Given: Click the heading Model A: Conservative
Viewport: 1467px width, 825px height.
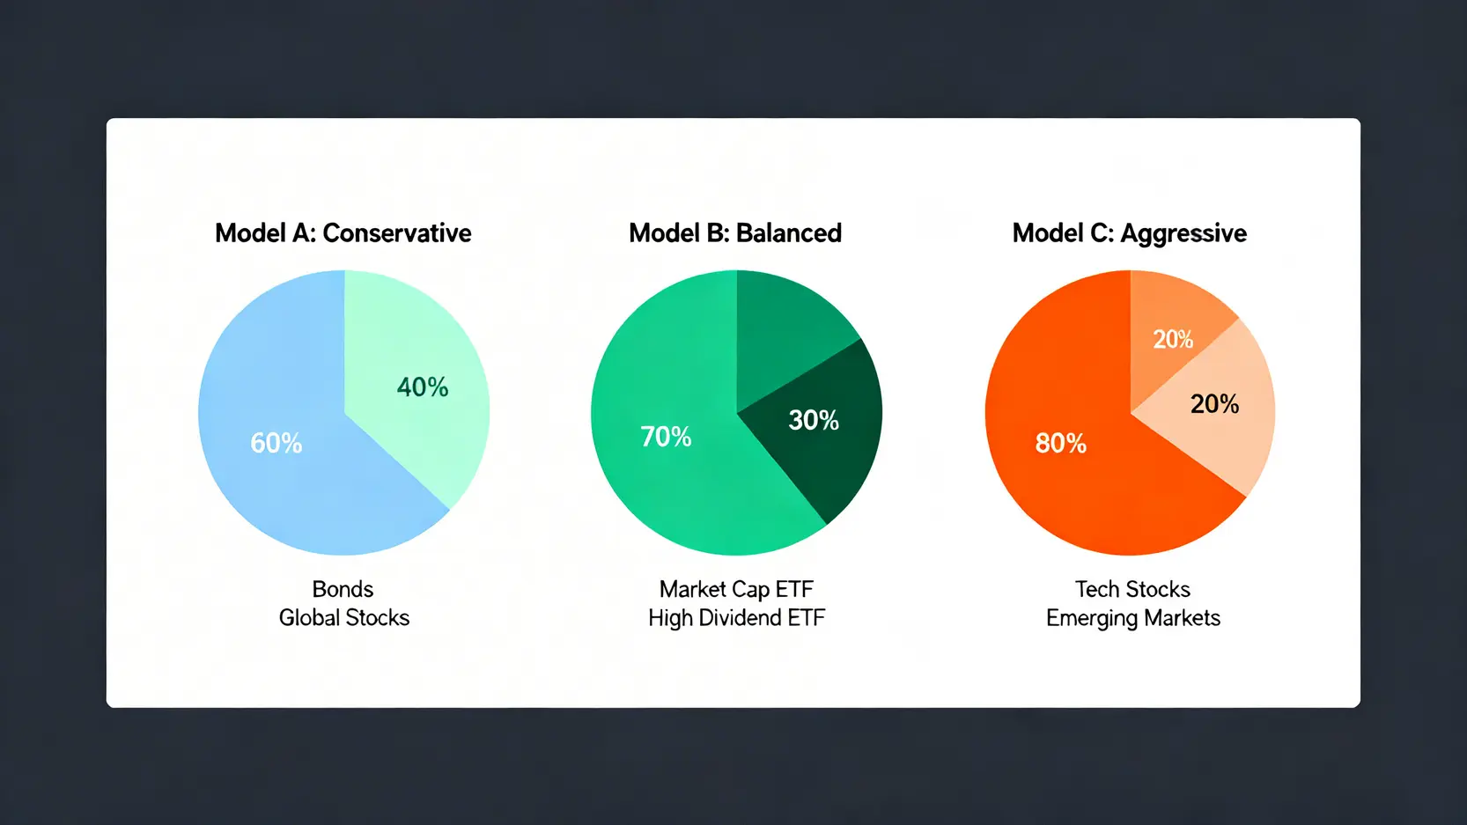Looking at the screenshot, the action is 343,233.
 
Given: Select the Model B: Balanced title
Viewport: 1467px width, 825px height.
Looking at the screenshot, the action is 734,233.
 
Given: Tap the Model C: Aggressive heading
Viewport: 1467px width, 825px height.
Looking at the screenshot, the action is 1129,233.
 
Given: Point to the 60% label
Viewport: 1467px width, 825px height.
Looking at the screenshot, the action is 276,443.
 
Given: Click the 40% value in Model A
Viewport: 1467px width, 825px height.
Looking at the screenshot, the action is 423,387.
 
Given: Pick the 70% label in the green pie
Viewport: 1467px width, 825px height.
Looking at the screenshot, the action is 666,437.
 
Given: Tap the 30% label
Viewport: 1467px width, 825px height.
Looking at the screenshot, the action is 814,420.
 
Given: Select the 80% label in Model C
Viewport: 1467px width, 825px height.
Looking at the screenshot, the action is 1061,443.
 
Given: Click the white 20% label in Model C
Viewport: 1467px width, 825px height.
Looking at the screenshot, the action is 1173,339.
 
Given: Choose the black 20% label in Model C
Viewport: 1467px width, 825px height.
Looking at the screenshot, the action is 1214,404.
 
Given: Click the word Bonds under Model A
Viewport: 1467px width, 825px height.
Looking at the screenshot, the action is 343,589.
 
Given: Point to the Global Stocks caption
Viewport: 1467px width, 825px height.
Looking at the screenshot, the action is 343,617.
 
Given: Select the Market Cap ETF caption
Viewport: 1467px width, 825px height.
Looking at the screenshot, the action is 736,589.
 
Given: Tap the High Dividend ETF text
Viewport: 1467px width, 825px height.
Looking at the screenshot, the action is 736,617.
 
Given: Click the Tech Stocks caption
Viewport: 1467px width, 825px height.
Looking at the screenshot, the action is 1132,589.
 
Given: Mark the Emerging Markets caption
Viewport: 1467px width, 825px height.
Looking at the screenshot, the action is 1133,618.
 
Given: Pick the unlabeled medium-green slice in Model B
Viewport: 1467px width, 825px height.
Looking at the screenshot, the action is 785,328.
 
